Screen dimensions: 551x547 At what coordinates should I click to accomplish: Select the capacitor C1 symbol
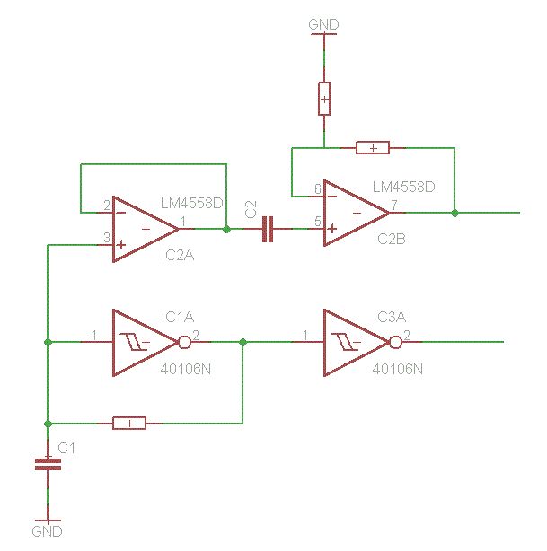tap(47, 464)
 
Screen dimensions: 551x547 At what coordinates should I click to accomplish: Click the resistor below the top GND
tap(324, 98)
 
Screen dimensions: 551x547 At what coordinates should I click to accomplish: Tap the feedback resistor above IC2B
tap(373, 147)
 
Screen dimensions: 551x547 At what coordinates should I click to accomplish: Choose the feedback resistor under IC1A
tap(130, 423)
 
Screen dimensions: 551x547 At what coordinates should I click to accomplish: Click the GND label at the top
tap(323, 22)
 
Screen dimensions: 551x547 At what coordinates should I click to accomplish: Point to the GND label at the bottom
tap(47, 531)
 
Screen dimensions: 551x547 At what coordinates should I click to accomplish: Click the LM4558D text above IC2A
tap(191, 204)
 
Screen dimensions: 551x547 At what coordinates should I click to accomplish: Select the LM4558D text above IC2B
tap(403, 188)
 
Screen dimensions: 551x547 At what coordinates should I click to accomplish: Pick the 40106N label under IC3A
tap(396, 368)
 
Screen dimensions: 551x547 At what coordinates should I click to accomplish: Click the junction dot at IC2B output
tap(454, 213)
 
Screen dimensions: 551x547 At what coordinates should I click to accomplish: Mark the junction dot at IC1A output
tap(243, 342)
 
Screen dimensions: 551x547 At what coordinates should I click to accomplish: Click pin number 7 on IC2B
tap(394, 206)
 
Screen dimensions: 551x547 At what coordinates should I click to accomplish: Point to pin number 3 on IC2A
tap(106, 238)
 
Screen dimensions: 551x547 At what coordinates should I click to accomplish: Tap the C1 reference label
tap(66, 447)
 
